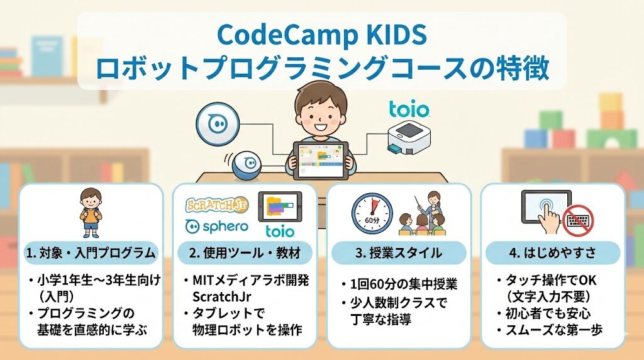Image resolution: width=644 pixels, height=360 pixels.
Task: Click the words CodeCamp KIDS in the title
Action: click(321, 35)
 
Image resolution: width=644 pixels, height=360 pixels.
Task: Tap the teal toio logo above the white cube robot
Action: click(409, 110)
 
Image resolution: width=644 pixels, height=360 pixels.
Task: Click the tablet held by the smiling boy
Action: click(320, 160)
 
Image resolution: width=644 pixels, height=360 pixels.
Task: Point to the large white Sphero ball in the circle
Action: click(217, 124)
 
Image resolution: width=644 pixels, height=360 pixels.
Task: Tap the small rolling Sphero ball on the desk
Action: click(246, 166)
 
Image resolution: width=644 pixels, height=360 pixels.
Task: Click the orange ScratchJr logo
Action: click(216, 205)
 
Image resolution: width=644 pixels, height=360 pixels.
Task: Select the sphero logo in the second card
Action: click(216, 226)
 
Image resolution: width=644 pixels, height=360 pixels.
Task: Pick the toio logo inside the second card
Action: click(280, 231)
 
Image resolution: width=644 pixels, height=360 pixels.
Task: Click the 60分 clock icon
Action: click(372, 214)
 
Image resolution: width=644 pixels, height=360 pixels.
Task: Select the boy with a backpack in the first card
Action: click(91, 213)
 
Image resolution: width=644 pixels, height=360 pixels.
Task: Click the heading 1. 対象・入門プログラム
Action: click(91, 252)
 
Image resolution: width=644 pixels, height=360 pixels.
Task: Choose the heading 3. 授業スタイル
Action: click(399, 252)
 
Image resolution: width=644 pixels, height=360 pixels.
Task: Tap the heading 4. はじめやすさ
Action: click(552, 252)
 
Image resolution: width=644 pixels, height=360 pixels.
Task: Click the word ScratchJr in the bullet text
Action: click(222, 296)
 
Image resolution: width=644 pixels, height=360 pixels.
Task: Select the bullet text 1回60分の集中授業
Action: click(404, 284)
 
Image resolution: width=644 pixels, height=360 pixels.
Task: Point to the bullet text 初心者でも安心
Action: click(548, 313)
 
